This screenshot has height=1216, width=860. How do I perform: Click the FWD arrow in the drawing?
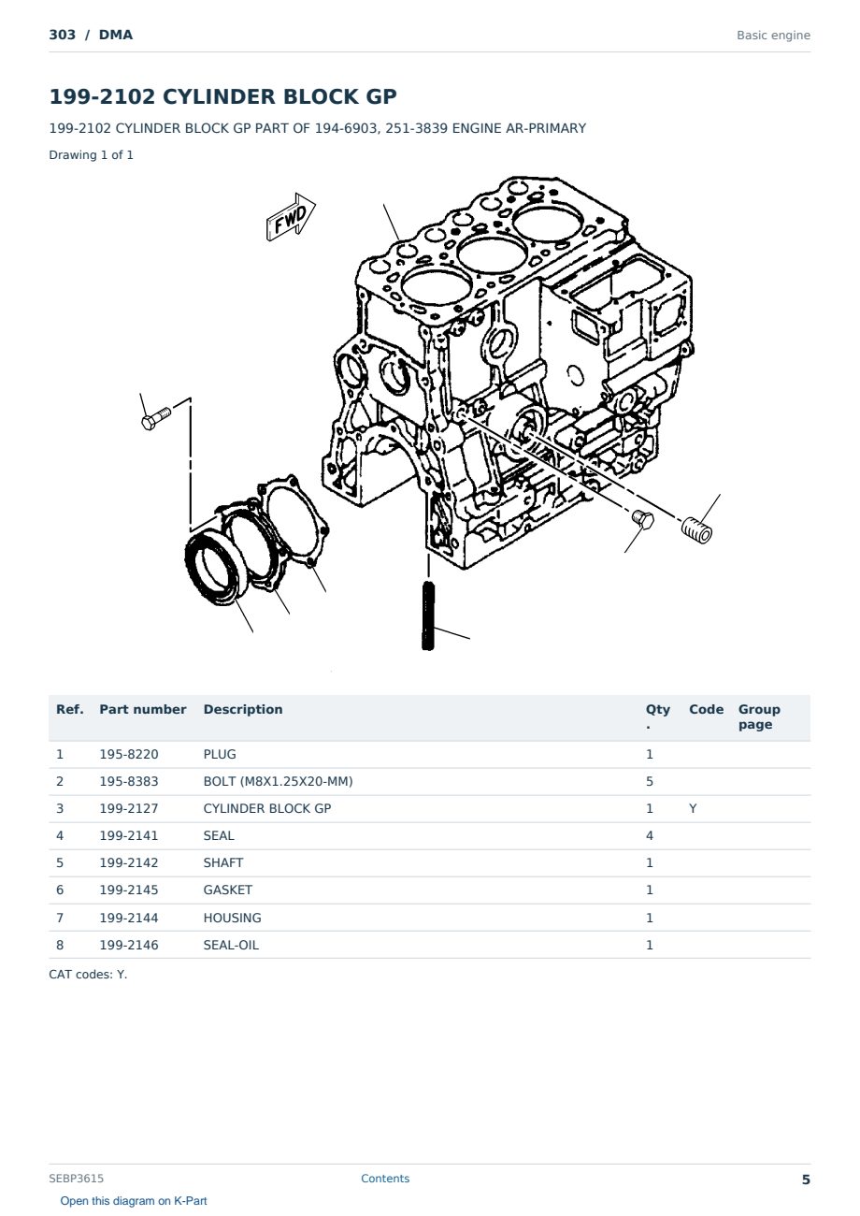pyautogui.click(x=291, y=217)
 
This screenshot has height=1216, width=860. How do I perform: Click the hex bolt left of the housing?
pyautogui.click(x=156, y=418)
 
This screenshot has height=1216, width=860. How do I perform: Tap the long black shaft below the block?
pyautogui.click(x=428, y=615)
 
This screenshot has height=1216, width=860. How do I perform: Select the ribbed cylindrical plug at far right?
pyautogui.click(x=696, y=530)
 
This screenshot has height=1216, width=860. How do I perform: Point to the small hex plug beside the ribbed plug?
pyautogui.click(x=643, y=519)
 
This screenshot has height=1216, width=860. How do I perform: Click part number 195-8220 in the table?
pyautogui.click(x=129, y=754)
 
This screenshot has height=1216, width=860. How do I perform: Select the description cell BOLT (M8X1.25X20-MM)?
pyautogui.click(x=278, y=781)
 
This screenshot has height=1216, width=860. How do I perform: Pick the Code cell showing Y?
pyautogui.click(x=693, y=808)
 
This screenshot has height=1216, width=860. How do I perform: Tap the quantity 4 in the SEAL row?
pyautogui.click(x=650, y=835)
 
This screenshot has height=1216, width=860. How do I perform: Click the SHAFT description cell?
pyautogui.click(x=223, y=862)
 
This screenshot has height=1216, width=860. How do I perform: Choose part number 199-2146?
pyautogui.click(x=129, y=945)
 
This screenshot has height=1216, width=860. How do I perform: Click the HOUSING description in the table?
pyautogui.click(x=232, y=918)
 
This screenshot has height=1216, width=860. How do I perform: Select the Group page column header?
pyautogui.click(x=759, y=717)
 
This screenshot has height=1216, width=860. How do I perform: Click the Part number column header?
pyautogui.click(x=143, y=709)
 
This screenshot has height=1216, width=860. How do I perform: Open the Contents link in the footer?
pyautogui.click(x=385, y=1179)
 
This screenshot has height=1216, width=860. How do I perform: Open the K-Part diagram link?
pyautogui.click(x=134, y=1201)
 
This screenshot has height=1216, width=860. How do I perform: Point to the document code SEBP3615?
pyautogui.click(x=76, y=1179)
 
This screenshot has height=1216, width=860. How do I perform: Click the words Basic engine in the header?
pyautogui.click(x=773, y=36)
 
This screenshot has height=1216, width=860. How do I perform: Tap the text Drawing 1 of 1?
pyautogui.click(x=91, y=154)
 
